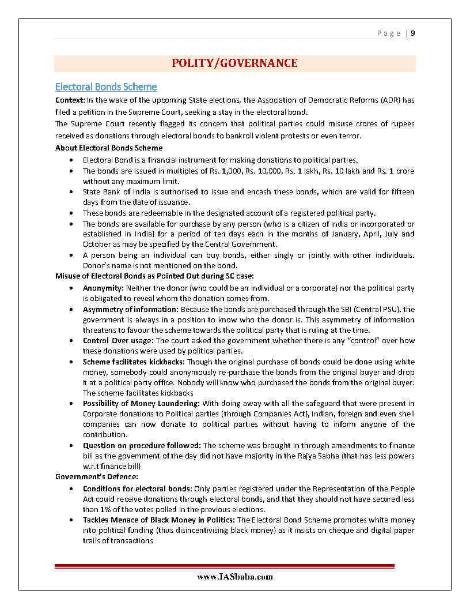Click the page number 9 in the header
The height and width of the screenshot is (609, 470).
[x=413, y=33]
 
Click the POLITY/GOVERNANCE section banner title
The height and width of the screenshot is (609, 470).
[x=234, y=63]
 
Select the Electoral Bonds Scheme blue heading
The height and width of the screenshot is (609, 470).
[x=106, y=87]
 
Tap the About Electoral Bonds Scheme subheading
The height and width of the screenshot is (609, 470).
[x=109, y=148]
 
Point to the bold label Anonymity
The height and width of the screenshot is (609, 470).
[x=101, y=288]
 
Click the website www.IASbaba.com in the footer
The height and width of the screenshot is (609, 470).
[x=234, y=577]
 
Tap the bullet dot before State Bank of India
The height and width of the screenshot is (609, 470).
[x=70, y=192]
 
